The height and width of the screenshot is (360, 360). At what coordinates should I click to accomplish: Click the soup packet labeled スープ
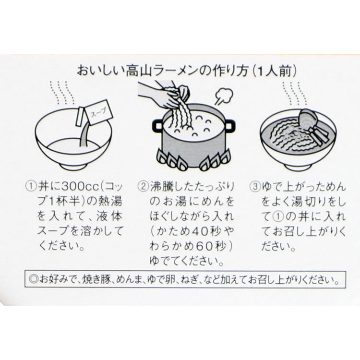[99, 112]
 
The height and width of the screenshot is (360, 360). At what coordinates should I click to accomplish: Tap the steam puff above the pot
[224, 96]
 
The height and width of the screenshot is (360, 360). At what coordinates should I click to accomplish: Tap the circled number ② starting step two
[143, 186]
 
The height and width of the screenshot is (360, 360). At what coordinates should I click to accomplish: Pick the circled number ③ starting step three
[255, 186]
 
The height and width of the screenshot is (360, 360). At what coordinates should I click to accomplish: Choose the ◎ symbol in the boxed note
[34, 279]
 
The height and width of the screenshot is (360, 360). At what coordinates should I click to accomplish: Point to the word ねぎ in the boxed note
[189, 279]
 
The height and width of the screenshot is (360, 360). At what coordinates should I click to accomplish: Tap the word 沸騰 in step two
[161, 186]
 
